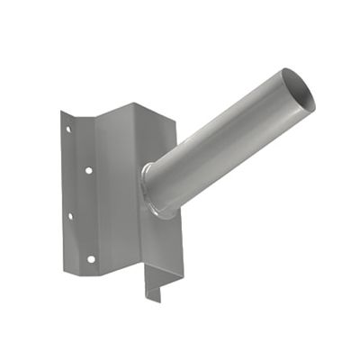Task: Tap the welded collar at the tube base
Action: click(x=154, y=191)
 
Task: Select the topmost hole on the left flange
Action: click(x=67, y=130)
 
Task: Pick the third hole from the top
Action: click(x=69, y=215)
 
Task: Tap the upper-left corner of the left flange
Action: click(x=62, y=112)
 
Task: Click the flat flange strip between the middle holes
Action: click(x=79, y=192)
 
